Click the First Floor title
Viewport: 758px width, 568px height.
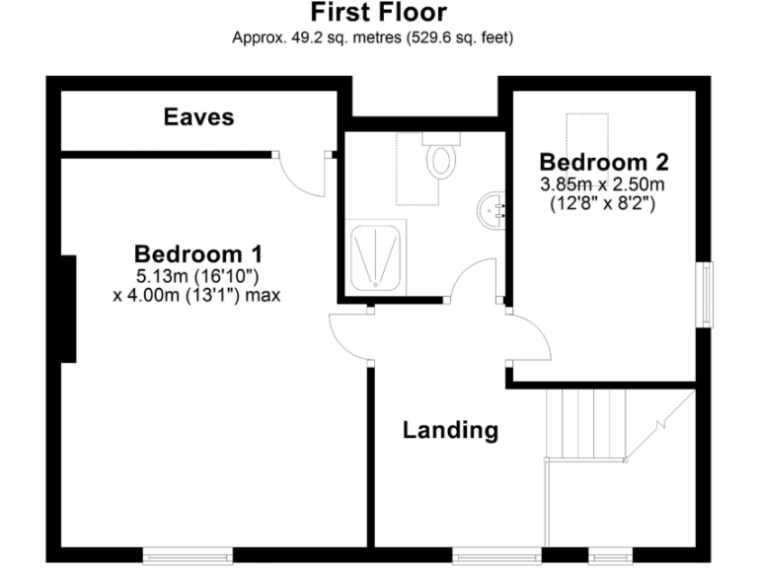tap(379, 14)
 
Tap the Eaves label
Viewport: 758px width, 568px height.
tap(198, 117)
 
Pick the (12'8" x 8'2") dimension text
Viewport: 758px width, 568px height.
tap(601, 205)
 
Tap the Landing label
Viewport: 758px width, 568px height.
tap(449, 430)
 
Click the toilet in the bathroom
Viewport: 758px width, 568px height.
tap(440, 159)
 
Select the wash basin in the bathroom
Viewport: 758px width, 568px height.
tap(491, 210)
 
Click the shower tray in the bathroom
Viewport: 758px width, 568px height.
tap(376, 256)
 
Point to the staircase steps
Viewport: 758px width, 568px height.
tap(586, 423)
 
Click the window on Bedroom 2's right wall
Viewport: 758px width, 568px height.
tap(705, 292)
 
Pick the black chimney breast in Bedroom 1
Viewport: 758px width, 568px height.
tap(68, 308)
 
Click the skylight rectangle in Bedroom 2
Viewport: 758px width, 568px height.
tap(587, 132)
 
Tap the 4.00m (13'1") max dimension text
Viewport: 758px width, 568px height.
tap(199, 294)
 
